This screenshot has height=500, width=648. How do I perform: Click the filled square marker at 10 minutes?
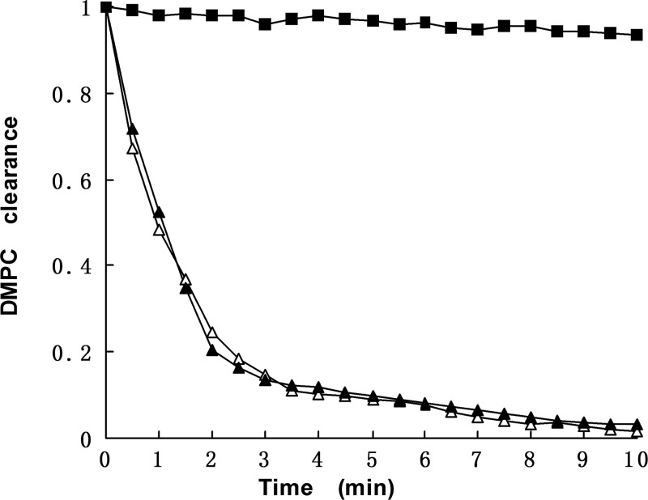point(637,35)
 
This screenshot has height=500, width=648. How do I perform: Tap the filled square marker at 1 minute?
point(159,15)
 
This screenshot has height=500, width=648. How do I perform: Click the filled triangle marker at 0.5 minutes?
point(133,129)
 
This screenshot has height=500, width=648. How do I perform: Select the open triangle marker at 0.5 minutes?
point(133,148)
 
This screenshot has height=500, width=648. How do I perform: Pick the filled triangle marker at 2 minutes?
point(212,350)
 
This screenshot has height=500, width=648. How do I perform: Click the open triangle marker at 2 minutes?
point(212,333)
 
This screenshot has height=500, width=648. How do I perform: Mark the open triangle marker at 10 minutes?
point(637,432)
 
